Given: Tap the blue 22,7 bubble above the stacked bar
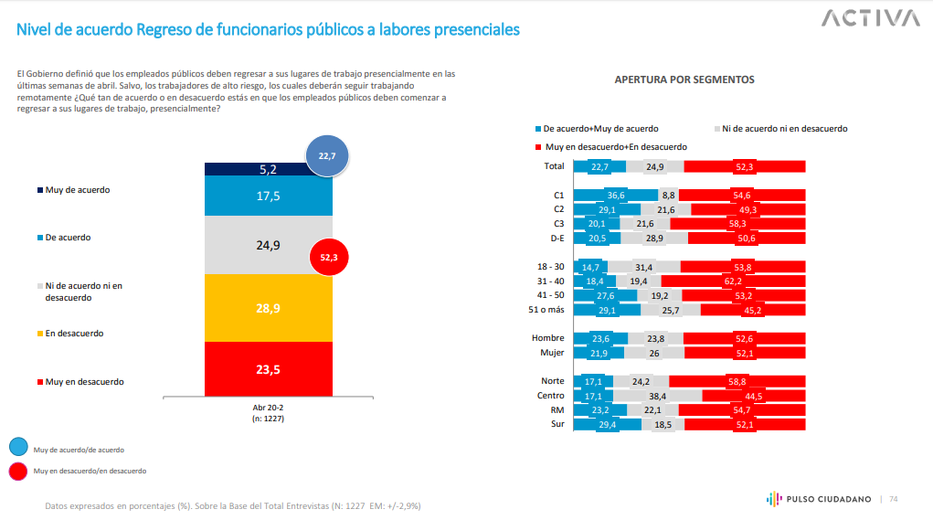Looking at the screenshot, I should (x=327, y=156).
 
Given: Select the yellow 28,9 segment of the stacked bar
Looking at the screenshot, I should (x=268, y=308).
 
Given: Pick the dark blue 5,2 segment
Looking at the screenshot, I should (x=268, y=169).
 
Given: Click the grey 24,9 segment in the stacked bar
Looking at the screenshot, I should (x=268, y=245).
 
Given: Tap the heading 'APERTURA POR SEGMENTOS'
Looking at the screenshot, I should (x=684, y=80).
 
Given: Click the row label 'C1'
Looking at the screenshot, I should (x=559, y=195).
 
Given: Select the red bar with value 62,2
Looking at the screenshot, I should (x=726, y=281).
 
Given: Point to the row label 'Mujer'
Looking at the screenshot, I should (x=551, y=353).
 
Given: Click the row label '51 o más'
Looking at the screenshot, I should (x=546, y=310).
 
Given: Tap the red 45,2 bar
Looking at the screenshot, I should (x=752, y=310).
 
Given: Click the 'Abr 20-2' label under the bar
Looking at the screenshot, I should (x=268, y=409).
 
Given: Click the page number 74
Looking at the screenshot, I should (x=894, y=499).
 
